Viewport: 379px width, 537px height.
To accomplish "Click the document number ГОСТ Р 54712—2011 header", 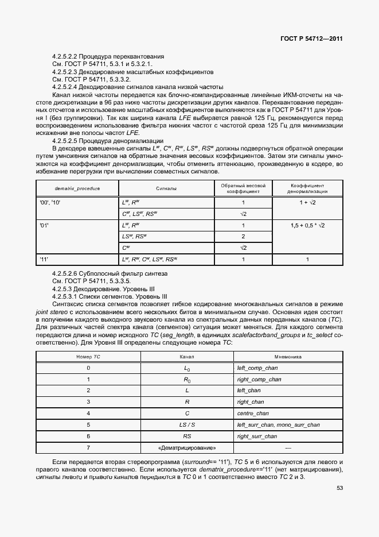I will coord(312,39).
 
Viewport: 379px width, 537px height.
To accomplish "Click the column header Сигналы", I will coord(166,188).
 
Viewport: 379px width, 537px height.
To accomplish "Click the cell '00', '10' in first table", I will coord(50,203).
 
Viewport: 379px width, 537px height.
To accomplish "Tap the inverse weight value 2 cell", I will coord(243,237).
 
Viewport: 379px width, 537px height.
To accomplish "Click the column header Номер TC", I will coord(88,357).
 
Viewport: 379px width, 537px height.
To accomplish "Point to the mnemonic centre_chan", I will coord(252,413).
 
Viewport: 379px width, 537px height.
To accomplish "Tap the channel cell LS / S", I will coord(186,424).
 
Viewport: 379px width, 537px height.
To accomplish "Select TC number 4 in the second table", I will coord(88,413).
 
